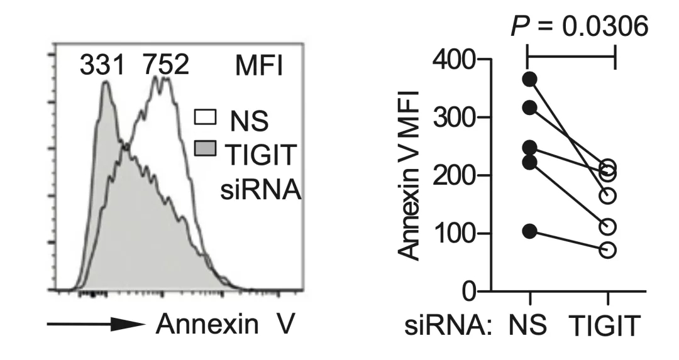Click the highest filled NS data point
point(530,79)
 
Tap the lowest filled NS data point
point(530,231)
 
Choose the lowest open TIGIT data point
point(608,249)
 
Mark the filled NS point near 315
point(530,108)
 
